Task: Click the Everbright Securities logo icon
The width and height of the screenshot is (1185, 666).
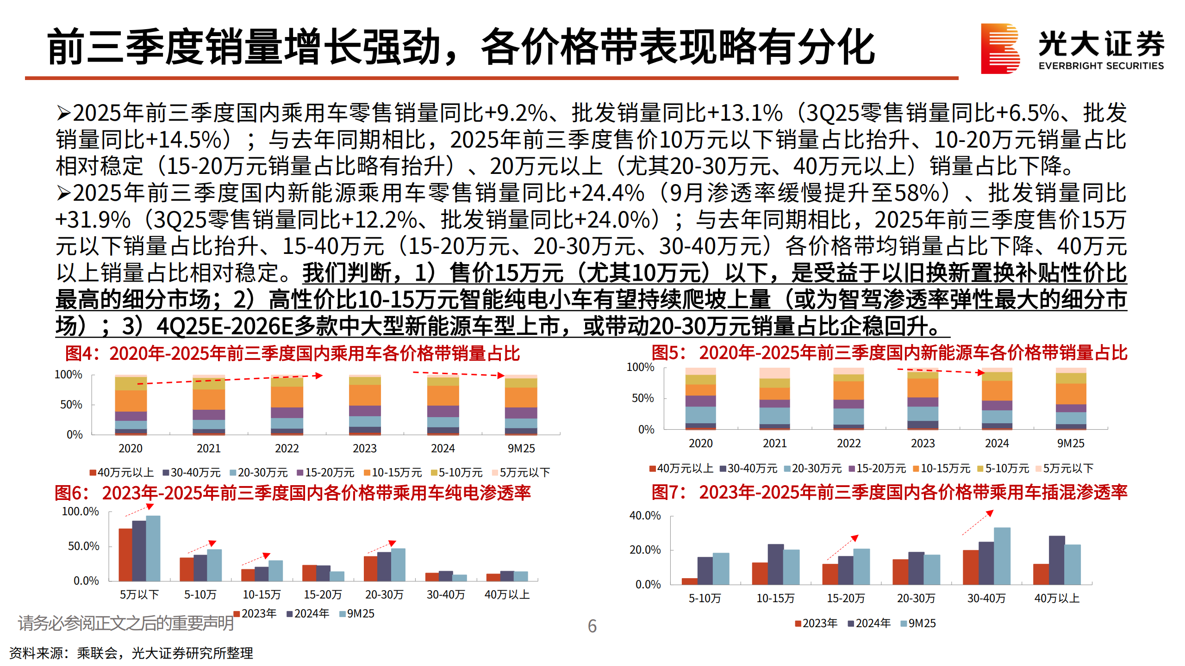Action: tap(1000, 49)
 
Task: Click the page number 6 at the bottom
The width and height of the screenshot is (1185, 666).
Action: tap(592, 626)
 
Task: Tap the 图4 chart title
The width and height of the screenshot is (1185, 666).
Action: tap(292, 354)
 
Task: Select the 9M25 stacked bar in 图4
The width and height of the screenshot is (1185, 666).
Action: tap(521, 405)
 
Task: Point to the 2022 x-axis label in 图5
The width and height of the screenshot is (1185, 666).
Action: tap(848, 444)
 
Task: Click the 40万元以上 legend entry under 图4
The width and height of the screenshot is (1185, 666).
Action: tap(122, 473)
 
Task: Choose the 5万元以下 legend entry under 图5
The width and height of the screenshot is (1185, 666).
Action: tap(1065, 469)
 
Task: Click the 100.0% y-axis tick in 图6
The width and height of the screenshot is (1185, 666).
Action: tap(81, 512)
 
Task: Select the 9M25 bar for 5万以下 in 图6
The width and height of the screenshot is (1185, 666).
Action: tap(153, 548)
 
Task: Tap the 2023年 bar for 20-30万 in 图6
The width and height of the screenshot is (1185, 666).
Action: tap(370, 568)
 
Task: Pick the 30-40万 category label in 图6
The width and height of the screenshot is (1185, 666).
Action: tap(446, 595)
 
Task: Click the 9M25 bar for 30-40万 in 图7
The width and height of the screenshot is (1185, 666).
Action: tap(1002, 556)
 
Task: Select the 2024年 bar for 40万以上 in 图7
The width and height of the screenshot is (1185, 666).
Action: tap(1057, 560)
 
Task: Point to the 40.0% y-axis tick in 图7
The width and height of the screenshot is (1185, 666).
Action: tap(645, 516)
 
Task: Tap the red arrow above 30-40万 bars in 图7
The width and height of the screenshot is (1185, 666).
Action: tap(978, 523)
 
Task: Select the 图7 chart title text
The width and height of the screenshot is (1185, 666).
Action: tap(889, 493)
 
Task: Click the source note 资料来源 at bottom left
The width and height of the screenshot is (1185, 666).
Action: tap(131, 653)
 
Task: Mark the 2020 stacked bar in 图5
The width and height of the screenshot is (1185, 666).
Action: tap(700, 399)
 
